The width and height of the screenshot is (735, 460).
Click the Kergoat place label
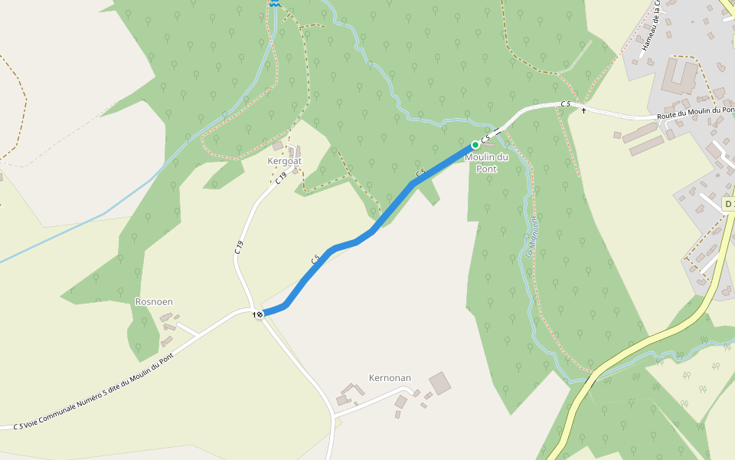click(284, 161)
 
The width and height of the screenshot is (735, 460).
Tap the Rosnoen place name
click(154, 302)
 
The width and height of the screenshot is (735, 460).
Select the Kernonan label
click(390, 378)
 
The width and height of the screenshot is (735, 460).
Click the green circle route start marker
click(475, 144)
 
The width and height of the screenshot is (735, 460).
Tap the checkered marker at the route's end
click(260, 314)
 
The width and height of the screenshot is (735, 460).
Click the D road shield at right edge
click(728, 203)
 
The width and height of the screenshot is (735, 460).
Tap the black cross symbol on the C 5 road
click(583, 111)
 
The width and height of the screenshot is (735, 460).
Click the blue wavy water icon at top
click(273, 3)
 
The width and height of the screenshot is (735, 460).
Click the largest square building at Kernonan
click(440, 382)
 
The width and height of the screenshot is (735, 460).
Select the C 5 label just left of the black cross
click(565, 103)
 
